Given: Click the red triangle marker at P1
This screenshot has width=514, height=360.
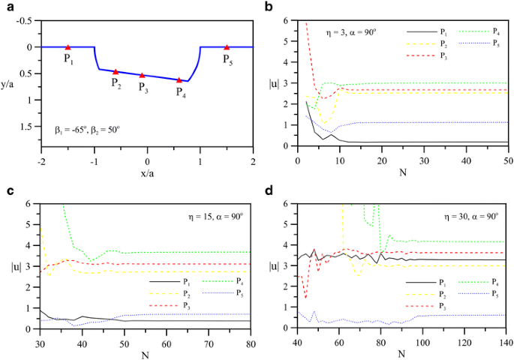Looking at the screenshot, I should tap(68, 46).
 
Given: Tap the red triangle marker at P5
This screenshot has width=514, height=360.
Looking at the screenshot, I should tap(227, 46).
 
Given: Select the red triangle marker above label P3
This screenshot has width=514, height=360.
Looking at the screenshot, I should tap(142, 75).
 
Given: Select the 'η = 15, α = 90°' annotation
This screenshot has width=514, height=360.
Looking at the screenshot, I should tap(212, 216).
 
